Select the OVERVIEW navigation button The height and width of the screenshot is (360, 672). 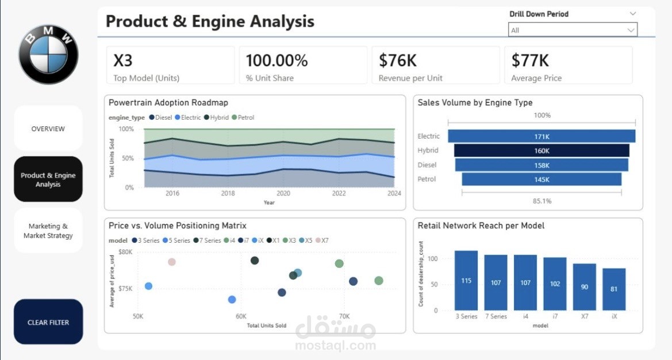click(48, 129)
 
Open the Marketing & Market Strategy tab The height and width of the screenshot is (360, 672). click(48, 231)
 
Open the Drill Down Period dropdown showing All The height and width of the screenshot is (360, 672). click(573, 30)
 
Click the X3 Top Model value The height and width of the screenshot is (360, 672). click(123, 60)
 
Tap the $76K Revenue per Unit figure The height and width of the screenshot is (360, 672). click(398, 60)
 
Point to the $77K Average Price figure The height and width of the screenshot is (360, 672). click(530, 60)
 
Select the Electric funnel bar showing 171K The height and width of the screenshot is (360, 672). click(542, 136)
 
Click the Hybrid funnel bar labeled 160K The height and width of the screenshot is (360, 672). click(542, 151)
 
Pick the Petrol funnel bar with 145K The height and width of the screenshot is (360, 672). click(542, 179)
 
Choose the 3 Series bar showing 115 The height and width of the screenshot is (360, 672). click(466, 281)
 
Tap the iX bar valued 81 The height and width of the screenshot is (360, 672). click(614, 289)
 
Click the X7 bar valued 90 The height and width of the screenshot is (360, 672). click(584, 287)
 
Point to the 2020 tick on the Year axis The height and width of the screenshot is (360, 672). click(283, 194)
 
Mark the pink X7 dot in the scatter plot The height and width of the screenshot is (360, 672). click(171, 262)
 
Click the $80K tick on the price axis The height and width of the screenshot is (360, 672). click(125, 252)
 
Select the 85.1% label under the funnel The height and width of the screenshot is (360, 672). click(542, 201)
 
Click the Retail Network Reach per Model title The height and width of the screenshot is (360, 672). click(481, 226)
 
